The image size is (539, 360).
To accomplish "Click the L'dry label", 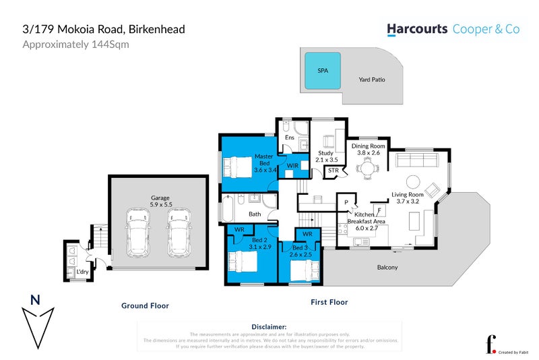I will point(82,272).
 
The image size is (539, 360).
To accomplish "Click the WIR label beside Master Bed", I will point(293,164).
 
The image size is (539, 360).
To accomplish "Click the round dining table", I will point(368,167).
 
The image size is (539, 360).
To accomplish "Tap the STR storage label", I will point(333,171).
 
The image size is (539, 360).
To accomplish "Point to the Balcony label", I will point(387,268).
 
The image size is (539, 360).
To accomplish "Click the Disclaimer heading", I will point(269,326).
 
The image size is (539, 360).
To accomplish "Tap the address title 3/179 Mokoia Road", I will point(104,30).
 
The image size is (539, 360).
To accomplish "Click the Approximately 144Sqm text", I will point(75,44).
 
